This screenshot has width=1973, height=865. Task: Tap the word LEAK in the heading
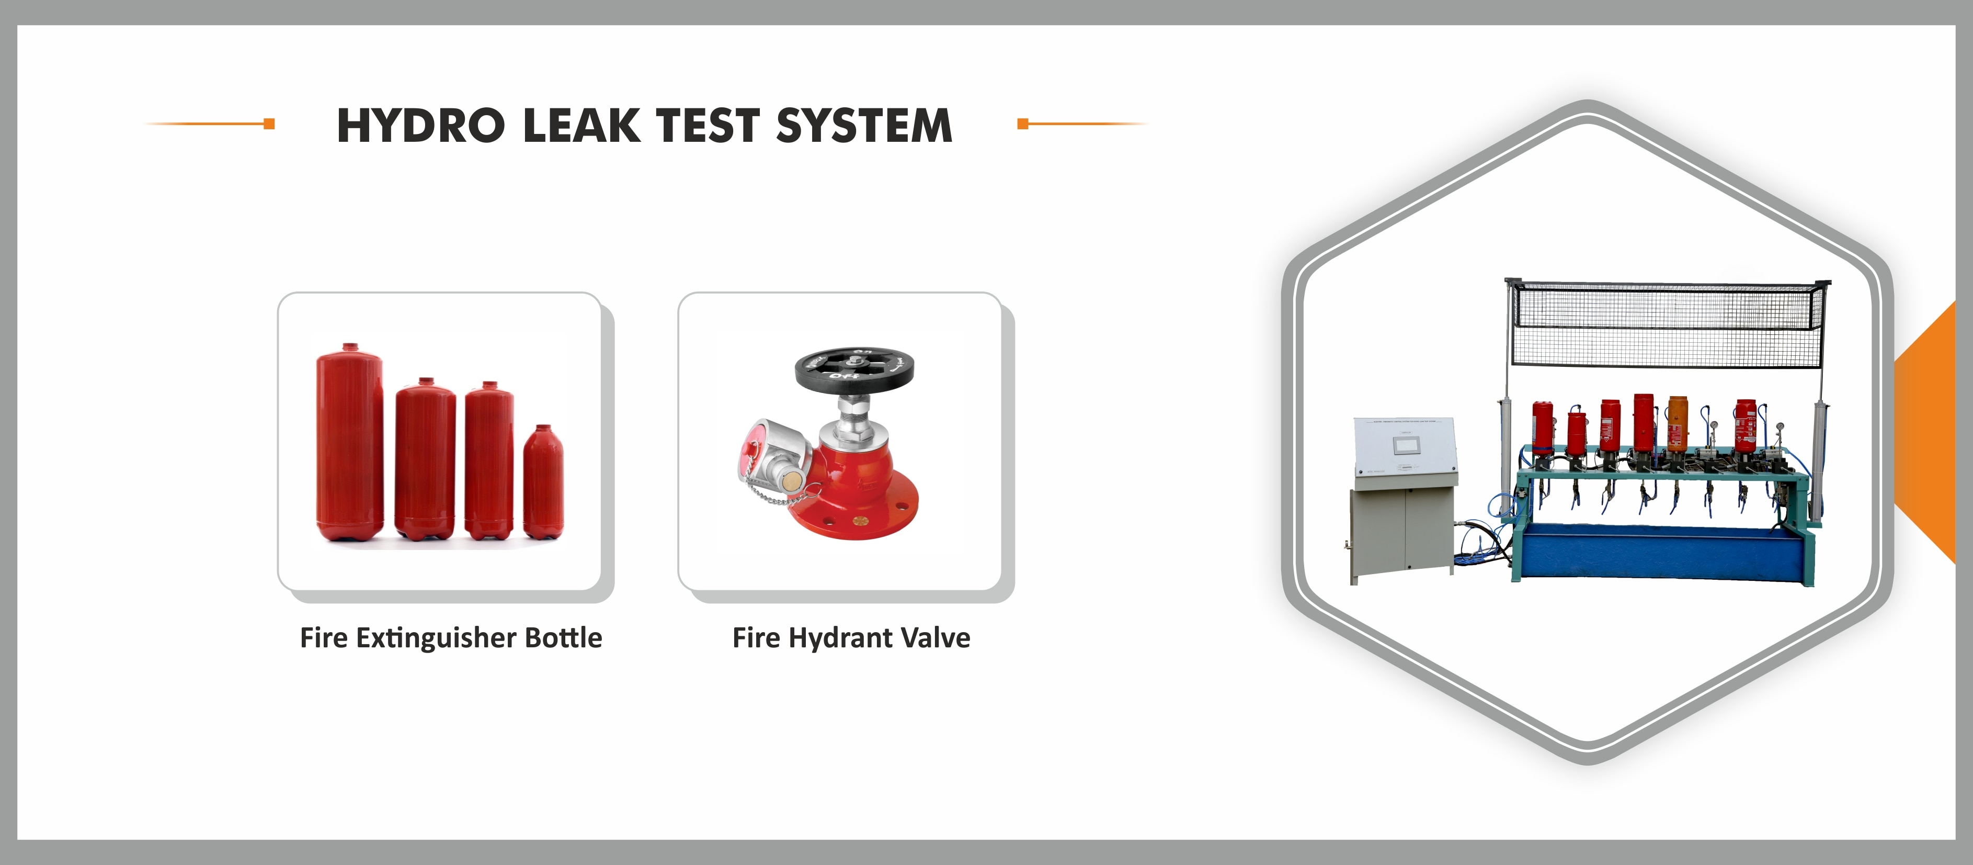coord(581,126)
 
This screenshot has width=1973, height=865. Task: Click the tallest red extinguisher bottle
coord(349,443)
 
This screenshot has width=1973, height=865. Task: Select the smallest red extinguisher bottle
coord(543,482)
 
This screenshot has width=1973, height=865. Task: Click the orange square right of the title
coord(1022,123)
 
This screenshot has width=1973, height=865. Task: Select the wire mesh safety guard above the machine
coord(1668,322)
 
